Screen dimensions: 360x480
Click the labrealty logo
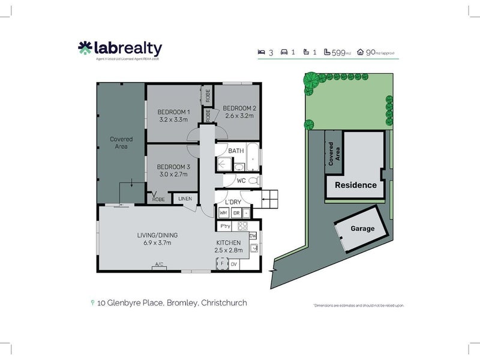(120, 49)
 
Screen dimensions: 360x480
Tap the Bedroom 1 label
(173, 112)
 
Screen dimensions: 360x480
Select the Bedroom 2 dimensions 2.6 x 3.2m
(239, 116)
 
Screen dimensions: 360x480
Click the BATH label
(236, 151)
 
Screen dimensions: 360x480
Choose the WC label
(241, 180)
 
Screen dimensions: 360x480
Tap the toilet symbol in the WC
(254, 180)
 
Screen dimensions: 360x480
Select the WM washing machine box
(223, 213)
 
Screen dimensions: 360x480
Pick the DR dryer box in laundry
(236, 213)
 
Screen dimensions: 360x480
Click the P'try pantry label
(226, 226)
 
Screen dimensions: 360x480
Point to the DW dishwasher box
(253, 235)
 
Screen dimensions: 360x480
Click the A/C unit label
(159, 265)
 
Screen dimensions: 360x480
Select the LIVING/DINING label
(157, 235)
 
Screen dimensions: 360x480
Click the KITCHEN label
(229, 242)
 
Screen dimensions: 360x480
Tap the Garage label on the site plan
(362, 229)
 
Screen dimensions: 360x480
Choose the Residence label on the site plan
(355, 185)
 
